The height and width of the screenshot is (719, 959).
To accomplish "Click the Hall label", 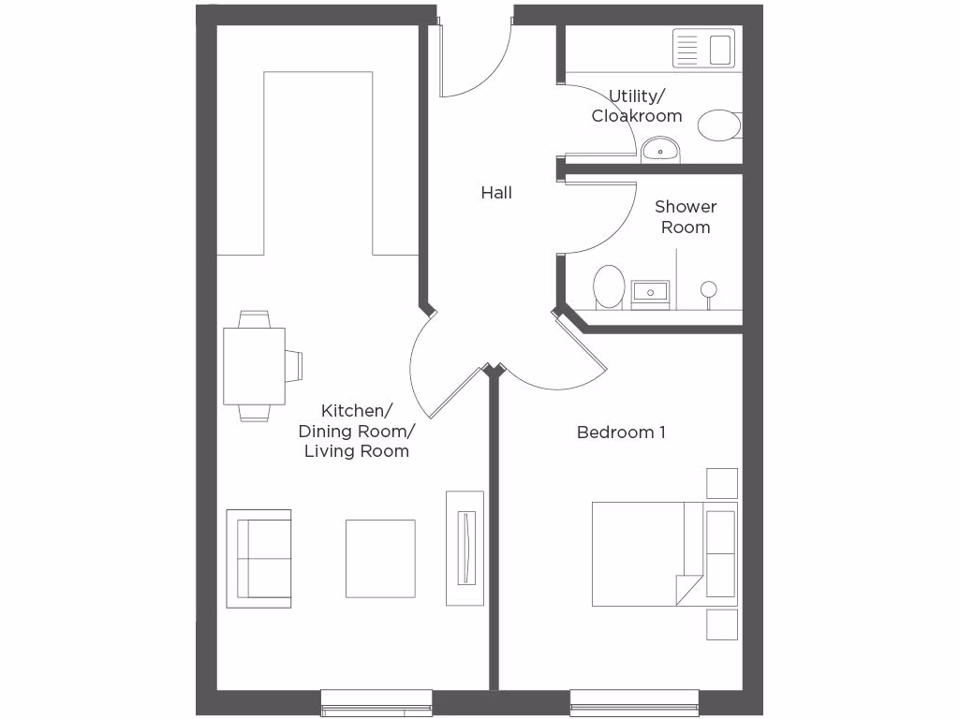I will [x=496, y=193].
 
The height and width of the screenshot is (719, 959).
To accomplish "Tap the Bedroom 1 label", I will [x=621, y=433].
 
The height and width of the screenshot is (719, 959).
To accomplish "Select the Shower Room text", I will [x=686, y=216].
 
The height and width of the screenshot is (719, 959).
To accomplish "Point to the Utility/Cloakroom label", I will [x=637, y=106].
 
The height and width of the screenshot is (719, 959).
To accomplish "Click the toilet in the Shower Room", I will [x=609, y=286].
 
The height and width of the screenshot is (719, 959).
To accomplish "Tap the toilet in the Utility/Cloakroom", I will [x=719, y=125].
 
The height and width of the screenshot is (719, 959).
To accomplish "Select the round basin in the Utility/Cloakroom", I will [x=661, y=148].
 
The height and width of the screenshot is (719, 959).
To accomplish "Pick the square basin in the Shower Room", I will [x=650, y=293].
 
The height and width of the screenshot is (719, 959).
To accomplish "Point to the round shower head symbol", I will [x=709, y=288].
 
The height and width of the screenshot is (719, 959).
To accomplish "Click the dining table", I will [x=254, y=366].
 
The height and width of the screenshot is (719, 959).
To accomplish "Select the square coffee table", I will [x=380, y=559].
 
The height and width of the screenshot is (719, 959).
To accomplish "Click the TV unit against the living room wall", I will [x=465, y=548].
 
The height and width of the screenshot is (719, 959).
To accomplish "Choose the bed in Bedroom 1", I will [x=663, y=554].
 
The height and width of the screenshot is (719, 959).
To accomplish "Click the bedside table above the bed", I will [x=721, y=483].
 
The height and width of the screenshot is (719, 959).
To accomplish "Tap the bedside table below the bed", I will [x=721, y=624].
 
